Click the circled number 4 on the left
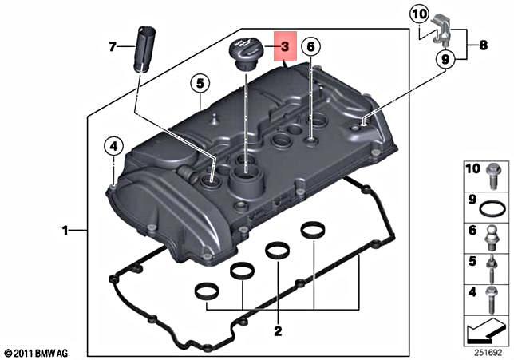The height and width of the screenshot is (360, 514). tap(114, 146)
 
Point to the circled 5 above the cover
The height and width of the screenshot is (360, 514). tap(199, 82)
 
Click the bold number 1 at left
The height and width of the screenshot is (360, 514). tap(65, 231)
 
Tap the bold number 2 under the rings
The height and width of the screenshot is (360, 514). tap(277, 330)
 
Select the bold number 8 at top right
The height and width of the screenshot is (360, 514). tap(484, 46)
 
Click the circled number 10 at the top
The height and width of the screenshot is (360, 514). tap(420, 14)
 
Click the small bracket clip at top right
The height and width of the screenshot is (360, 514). tap(441, 33)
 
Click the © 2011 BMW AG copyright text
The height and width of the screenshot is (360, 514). tap(35, 352)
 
